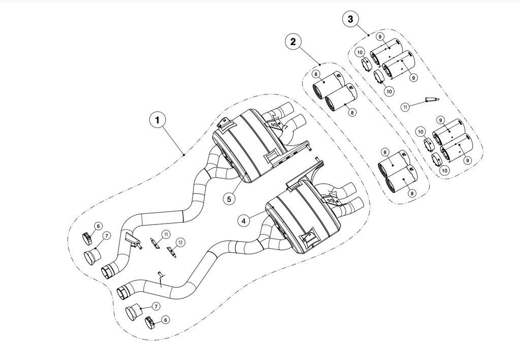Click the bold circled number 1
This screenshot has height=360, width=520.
tap(158, 120)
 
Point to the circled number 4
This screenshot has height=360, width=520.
tap(244, 221)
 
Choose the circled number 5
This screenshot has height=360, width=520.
tap(229, 199)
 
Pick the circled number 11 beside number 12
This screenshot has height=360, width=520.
tap(166, 234)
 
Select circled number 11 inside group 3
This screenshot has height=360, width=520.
tap(405, 107)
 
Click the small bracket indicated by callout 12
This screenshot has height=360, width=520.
tap(172, 251)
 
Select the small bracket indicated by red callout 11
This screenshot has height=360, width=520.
tap(154, 244)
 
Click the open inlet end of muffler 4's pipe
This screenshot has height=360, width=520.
tap(123, 292)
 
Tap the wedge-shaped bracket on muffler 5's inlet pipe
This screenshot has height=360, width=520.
tap(131, 239)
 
